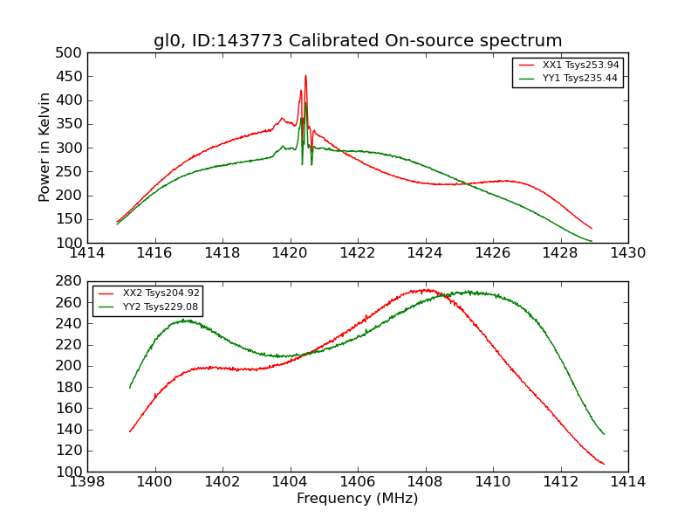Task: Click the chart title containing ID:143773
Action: click(x=358, y=41)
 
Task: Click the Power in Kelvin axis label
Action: click(x=44, y=147)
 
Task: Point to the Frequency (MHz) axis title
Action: click(x=358, y=499)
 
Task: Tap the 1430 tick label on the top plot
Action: click(x=627, y=253)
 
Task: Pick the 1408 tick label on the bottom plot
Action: click(x=425, y=482)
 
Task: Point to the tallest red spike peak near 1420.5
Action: click(x=305, y=76)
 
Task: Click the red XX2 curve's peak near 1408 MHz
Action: click(x=425, y=290)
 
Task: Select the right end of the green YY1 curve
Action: click(x=592, y=241)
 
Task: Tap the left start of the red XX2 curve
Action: click(x=130, y=431)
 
